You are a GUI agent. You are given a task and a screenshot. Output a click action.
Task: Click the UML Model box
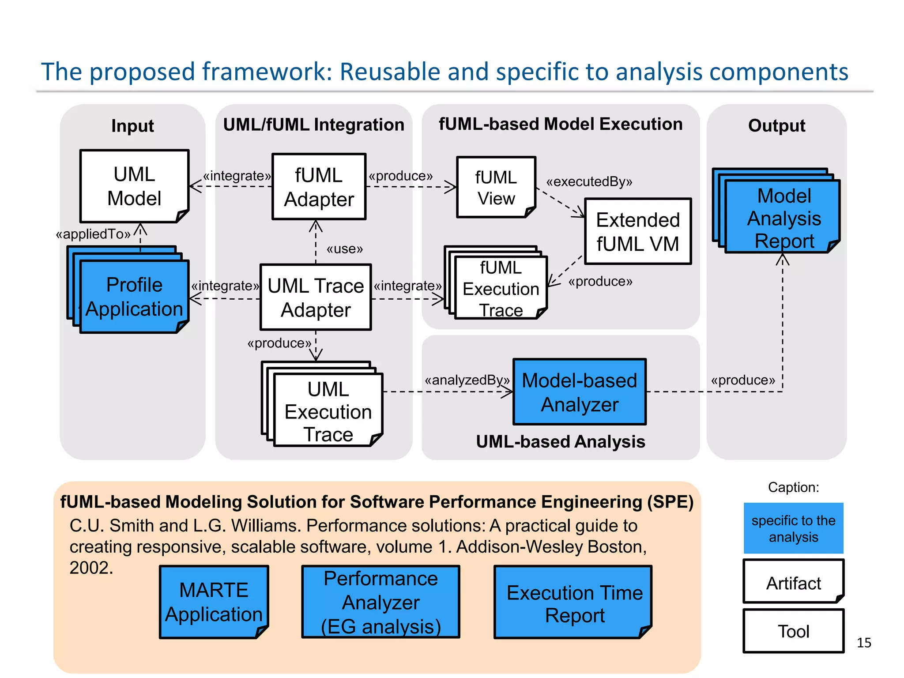[134, 186]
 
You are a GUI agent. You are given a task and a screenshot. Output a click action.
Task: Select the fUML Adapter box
[319, 187]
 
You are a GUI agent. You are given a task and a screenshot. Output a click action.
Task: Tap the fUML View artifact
[496, 188]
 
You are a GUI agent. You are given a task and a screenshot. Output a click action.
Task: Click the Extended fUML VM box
[638, 232]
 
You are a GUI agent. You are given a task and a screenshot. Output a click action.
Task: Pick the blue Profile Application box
[134, 297]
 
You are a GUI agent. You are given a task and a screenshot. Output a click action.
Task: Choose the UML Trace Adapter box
[316, 298]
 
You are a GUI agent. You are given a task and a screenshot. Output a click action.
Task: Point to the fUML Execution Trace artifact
[501, 289]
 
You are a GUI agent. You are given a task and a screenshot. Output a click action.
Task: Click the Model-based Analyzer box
[580, 392]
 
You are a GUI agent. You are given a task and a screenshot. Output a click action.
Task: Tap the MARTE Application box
[214, 602]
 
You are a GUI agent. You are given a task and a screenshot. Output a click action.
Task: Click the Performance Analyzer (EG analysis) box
[380, 602]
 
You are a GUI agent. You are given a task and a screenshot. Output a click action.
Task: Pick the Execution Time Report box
[574, 603]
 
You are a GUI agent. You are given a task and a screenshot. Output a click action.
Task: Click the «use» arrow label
[345, 249]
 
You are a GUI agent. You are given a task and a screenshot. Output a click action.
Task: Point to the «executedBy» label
[589, 181]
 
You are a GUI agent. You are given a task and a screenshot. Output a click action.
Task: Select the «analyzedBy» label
[467, 380]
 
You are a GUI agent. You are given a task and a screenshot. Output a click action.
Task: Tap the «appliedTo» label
[93, 234]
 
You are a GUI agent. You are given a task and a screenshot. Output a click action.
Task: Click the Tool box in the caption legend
[793, 631]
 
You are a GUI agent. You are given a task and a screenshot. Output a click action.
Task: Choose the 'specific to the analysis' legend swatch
[793, 528]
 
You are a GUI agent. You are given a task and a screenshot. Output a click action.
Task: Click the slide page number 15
[864, 643]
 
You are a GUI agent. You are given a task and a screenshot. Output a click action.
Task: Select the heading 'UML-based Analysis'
[561, 442]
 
